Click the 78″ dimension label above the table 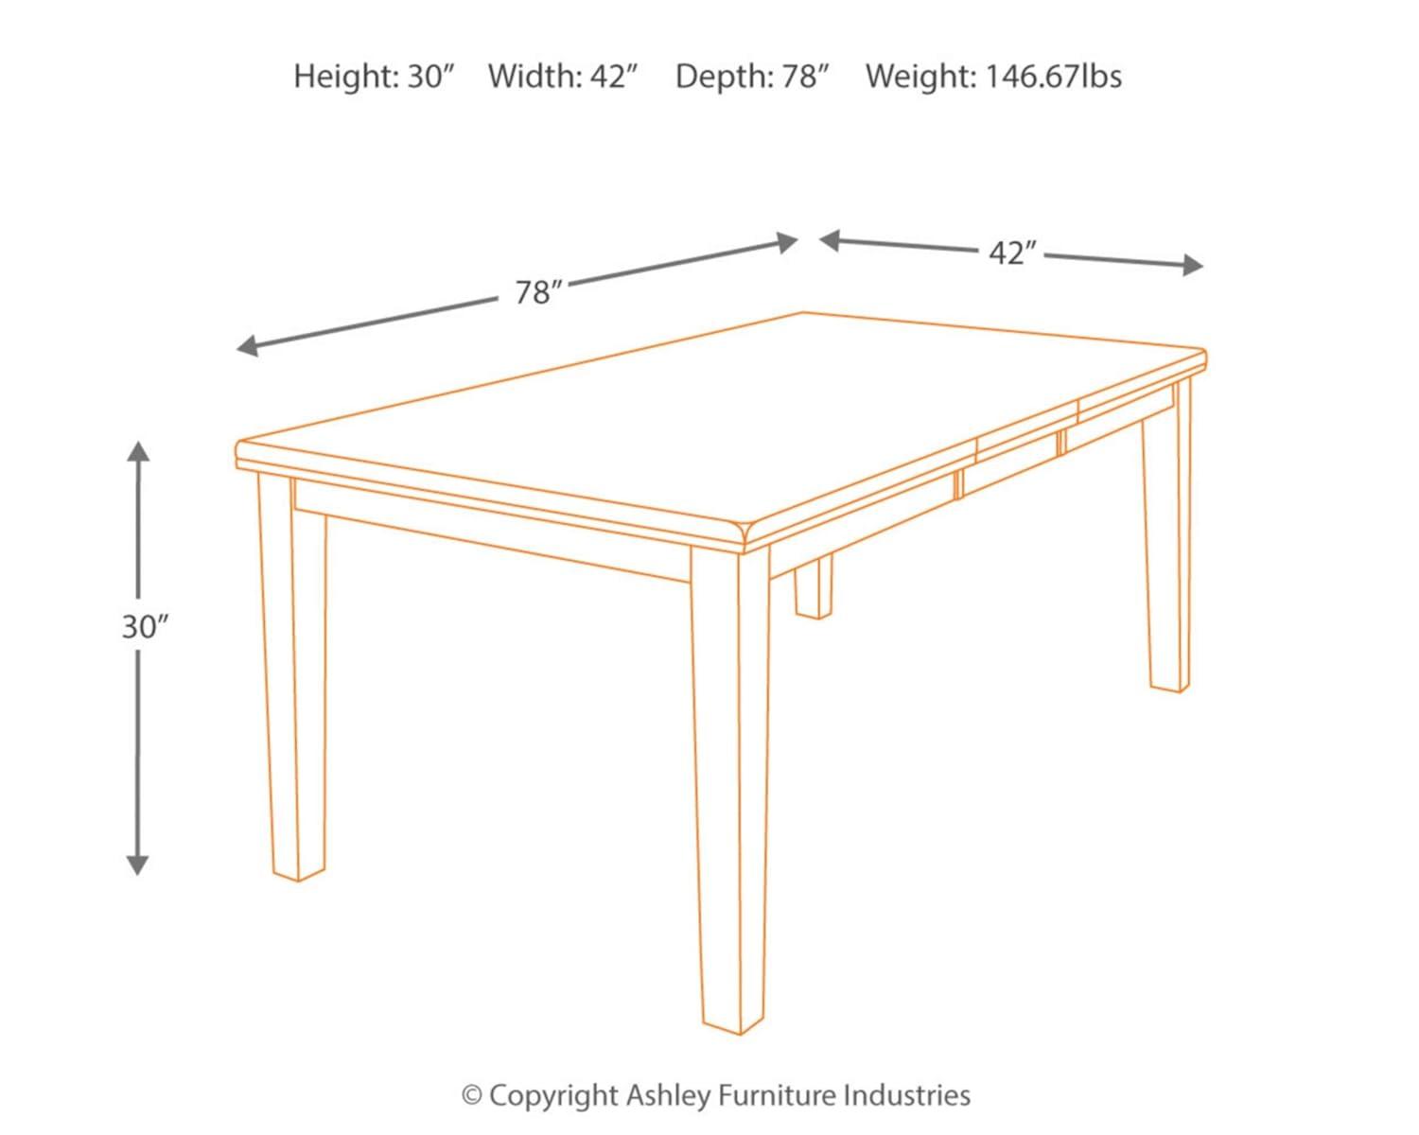coord(533,293)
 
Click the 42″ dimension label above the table coord(1011,253)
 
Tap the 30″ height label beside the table coord(144,626)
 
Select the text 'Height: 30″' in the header coord(375,77)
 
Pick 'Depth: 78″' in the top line coord(753,77)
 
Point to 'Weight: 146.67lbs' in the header coord(993,77)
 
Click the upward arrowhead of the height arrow coord(139,452)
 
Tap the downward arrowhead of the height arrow coord(138,864)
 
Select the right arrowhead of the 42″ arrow coord(1194,266)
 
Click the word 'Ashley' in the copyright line coord(667,1095)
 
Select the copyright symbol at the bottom coord(472,1096)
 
